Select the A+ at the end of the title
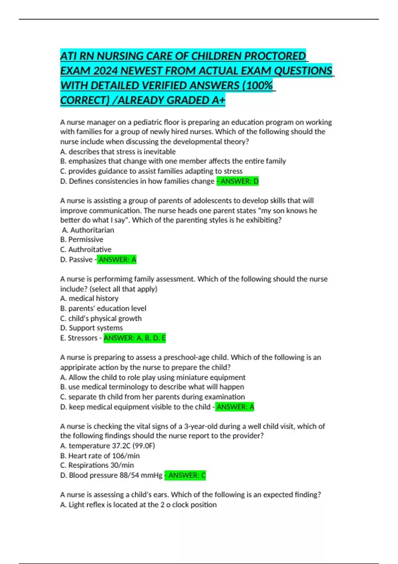coord(218,100)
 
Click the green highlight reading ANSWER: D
coord(238,181)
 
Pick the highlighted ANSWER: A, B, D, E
coord(135,338)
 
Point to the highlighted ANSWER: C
coord(185,475)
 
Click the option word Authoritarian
coord(92,230)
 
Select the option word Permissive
coord(86,240)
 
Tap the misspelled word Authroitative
coord(90,249)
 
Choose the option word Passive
coord(81,259)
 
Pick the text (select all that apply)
coord(123,289)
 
